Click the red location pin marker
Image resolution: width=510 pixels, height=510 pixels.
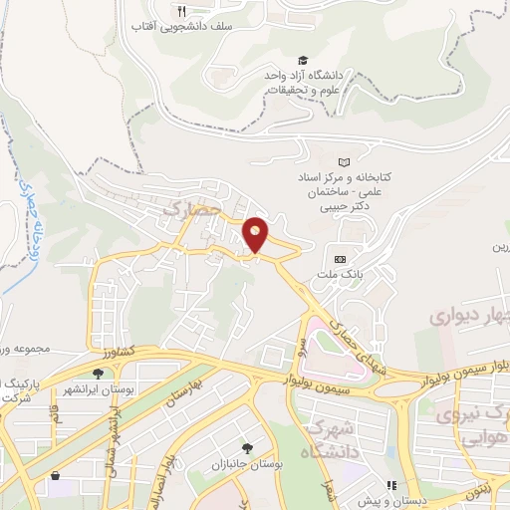(256, 235)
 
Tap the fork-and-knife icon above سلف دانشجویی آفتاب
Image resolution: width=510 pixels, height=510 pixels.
(180, 11)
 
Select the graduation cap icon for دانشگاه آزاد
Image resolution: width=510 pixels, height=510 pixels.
(302, 61)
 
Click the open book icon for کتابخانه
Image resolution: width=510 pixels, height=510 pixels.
(345, 161)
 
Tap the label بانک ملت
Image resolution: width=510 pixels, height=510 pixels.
(348, 271)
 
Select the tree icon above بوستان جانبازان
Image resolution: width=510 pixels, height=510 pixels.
(247, 448)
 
